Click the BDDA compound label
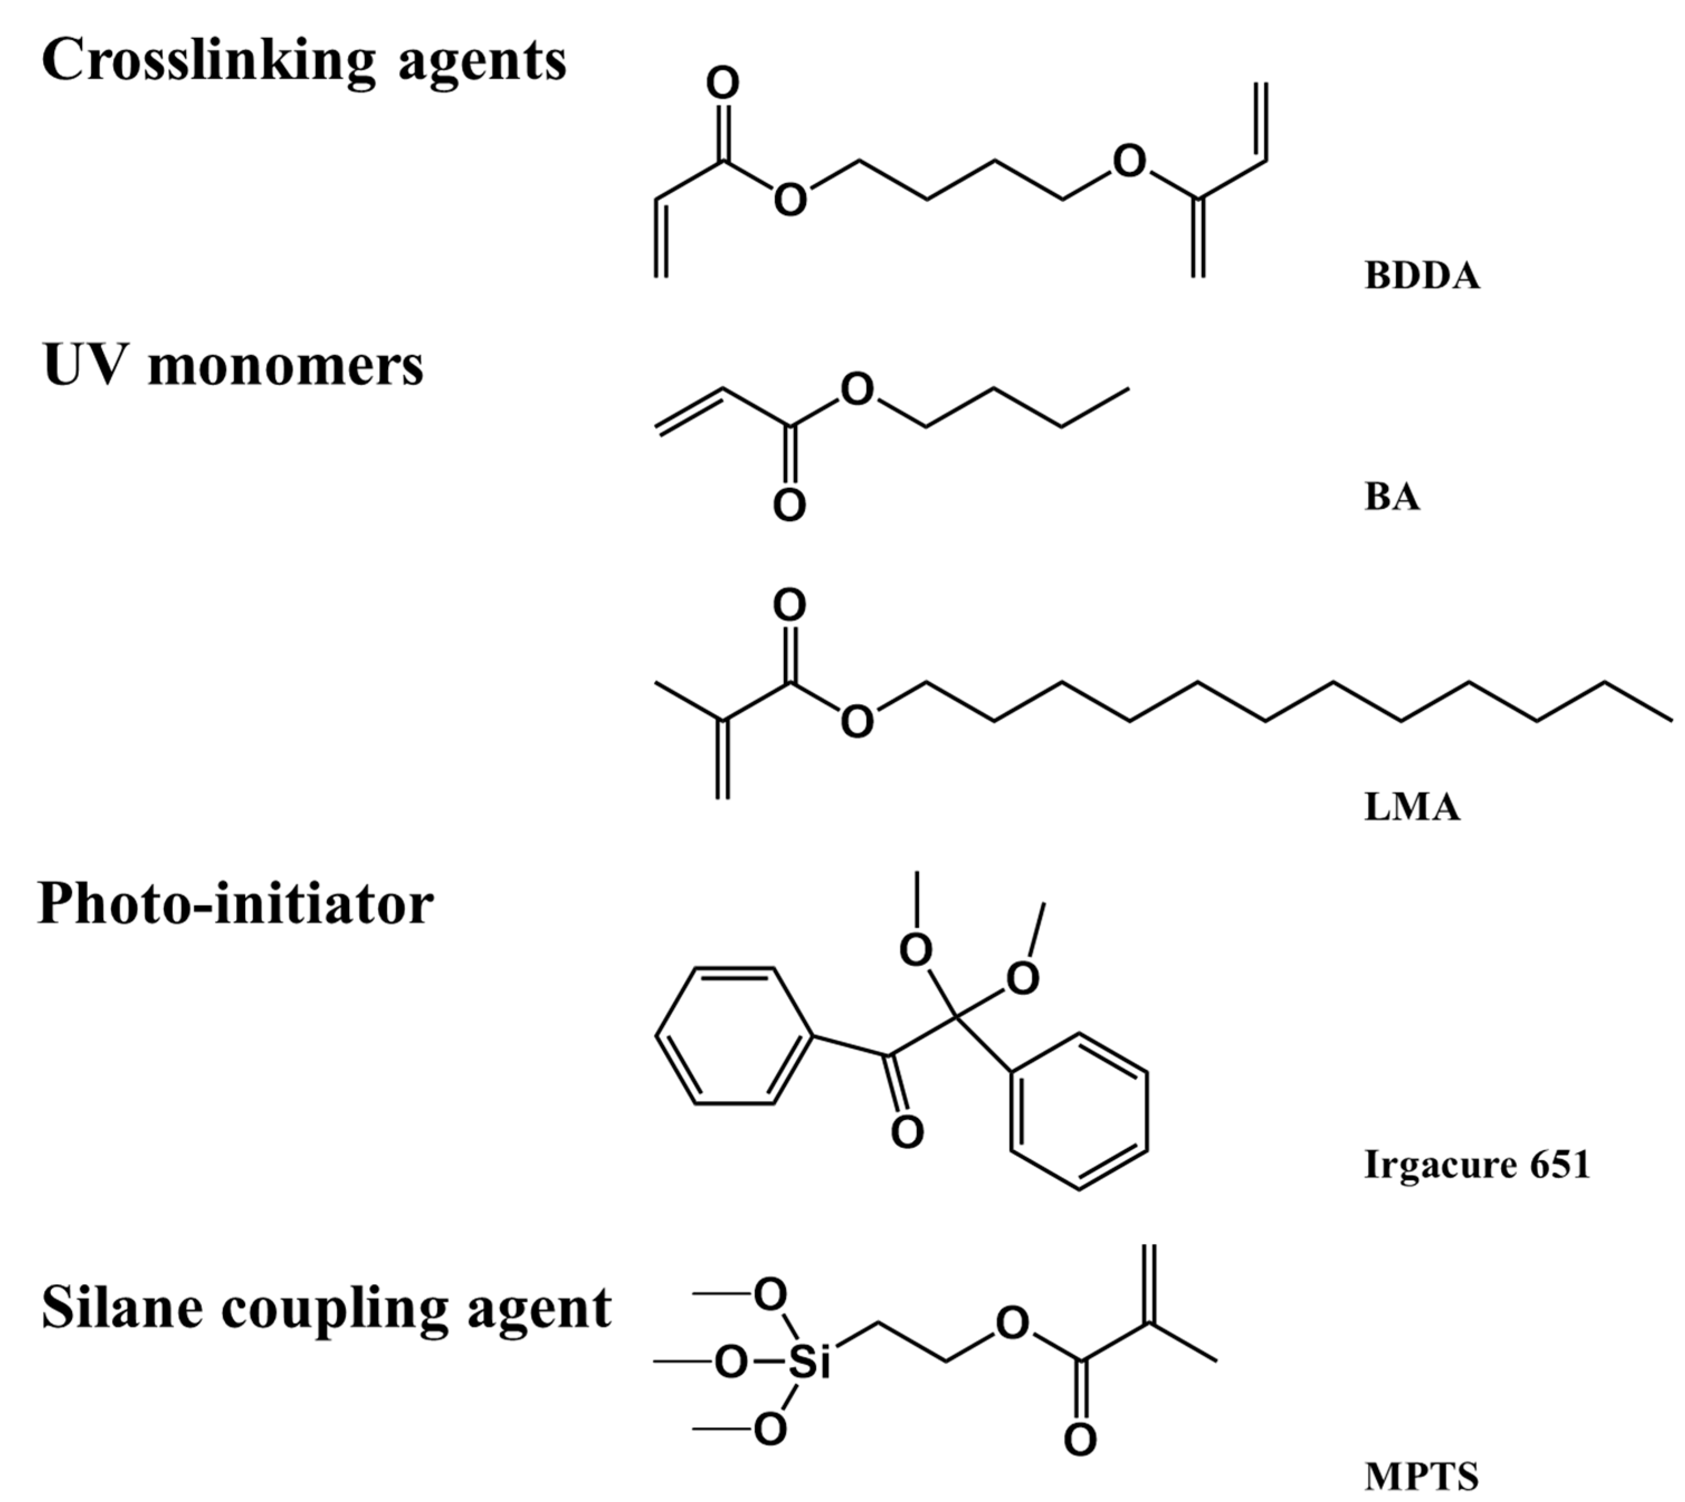pyautogui.click(x=1421, y=276)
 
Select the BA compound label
pyautogui.click(x=1392, y=497)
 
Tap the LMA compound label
pyautogui.click(x=1412, y=806)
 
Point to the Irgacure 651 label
pyautogui.click(x=1476, y=1164)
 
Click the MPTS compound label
pyautogui.click(x=1421, y=1476)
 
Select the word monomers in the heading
pyautogui.click(x=285, y=366)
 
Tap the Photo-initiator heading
pyautogui.click(x=235, y=903)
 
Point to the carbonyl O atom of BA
pyautogui.click(x=789, y=505)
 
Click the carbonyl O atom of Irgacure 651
pyautogui.click(x=908, y=1132)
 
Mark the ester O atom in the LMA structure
pyautogui.click(x=857, y=722)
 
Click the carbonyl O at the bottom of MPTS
pyautogui.click(x=1080, y=1440)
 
